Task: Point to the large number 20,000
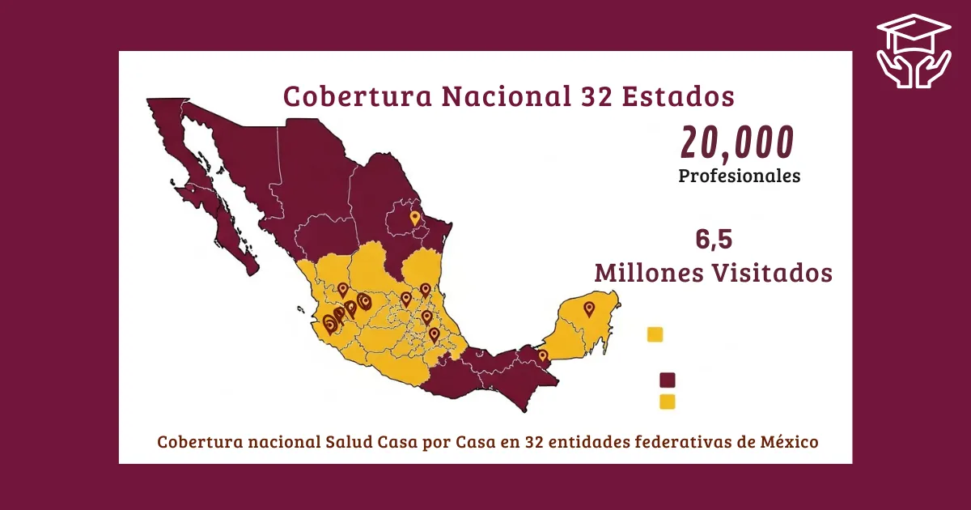coord(737,142)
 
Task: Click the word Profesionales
coord(739,176)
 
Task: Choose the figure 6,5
coord(714,240)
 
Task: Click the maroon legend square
coord(668,380)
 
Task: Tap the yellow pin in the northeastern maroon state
coord(415,218)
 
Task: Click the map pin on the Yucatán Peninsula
coord(589,308)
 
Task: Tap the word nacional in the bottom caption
coord(271,443)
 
